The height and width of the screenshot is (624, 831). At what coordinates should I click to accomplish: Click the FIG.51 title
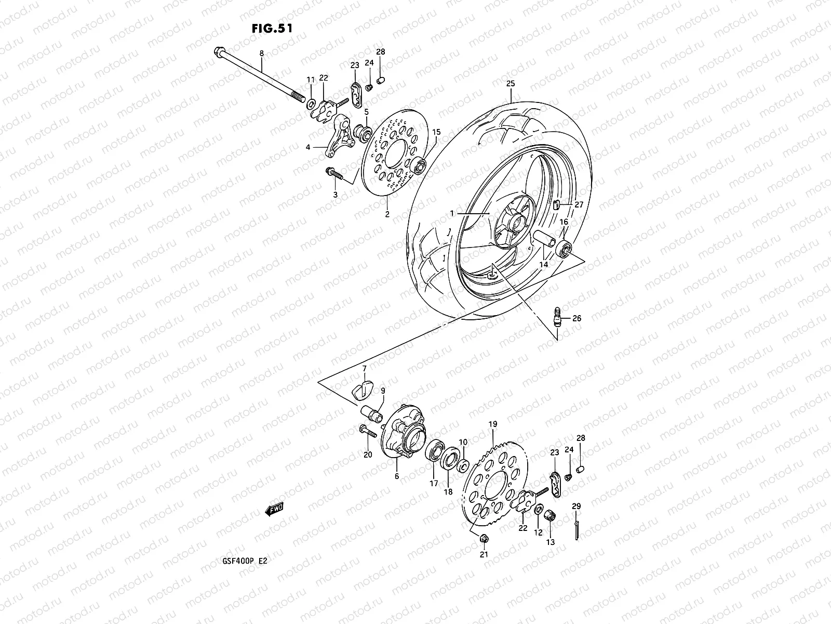pos(272,28)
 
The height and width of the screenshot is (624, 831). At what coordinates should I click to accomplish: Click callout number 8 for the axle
pos(261,53)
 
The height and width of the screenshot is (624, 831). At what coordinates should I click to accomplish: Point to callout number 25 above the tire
pos(510,84)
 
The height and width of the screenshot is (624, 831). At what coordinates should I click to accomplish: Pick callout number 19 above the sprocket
pos(493,424)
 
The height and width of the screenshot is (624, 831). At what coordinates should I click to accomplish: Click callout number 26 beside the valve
pos(577,318)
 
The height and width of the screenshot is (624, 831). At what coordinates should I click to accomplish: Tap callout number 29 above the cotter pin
pos(576,506)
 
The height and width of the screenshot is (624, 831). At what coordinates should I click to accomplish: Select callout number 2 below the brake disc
pos(387,214)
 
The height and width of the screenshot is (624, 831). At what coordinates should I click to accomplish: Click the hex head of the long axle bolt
pos(218,52)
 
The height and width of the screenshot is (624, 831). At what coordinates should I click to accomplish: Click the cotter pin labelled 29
pos(577,527)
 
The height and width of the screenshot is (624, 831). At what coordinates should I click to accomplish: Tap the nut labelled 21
pos(483,539)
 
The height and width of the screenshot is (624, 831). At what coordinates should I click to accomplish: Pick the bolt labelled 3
pos(332,173)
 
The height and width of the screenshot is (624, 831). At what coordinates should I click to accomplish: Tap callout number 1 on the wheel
pos(452,213)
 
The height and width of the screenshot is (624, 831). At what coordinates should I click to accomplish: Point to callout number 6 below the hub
pos(397,476)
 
